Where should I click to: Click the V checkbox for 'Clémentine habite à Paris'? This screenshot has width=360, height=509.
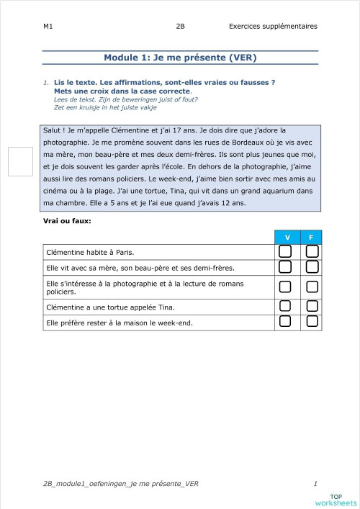point(285,251)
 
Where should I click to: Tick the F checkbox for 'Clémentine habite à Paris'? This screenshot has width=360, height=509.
point(312,251)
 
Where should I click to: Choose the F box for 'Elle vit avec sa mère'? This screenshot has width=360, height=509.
point(312,268)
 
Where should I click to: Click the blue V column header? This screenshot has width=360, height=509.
point(287,237)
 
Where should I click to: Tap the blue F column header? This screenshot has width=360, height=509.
point(311,237)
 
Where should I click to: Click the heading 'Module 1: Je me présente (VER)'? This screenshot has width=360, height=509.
point(180,58)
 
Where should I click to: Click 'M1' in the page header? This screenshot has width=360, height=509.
point(48,27)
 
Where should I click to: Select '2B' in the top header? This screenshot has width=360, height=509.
point(180,27)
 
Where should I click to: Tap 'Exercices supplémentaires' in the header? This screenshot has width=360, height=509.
point(272,27)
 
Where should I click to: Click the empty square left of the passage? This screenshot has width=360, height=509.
point(21,161)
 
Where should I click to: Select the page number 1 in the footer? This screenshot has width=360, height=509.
point(315,484)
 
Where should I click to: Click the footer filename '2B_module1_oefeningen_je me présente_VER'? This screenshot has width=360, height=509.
point(120,484)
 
